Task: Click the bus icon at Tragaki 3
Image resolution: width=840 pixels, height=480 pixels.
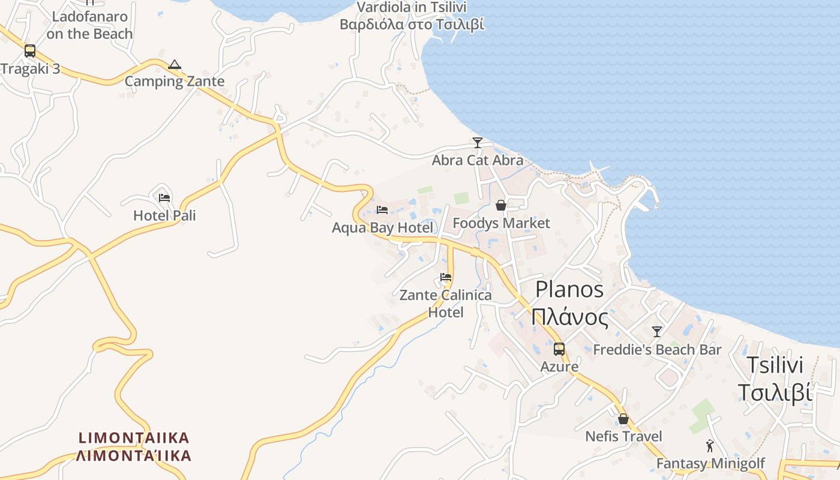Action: pos(30,51)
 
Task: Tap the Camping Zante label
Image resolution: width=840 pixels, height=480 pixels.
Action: pos(175,82)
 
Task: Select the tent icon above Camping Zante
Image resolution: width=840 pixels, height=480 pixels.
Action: pos(175,64)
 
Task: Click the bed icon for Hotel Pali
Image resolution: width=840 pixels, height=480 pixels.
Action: pos(164,198)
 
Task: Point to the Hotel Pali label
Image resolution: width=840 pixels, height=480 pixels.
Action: pos(164,215)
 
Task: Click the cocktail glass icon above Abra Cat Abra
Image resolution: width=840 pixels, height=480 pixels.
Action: pos(478,143)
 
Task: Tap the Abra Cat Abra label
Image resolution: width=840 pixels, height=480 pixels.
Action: pos(478,160)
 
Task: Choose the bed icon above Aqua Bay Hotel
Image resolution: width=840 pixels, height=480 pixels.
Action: pos(382,210)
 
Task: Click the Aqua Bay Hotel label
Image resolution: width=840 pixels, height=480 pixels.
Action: pos(382,227)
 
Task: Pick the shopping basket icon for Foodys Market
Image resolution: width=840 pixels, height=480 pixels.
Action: pos(501,206)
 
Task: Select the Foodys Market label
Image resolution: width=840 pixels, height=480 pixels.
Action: pos(501,223)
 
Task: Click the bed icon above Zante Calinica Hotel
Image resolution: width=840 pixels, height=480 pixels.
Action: pos(446,277)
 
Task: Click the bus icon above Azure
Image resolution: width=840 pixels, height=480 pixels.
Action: pos(559,349)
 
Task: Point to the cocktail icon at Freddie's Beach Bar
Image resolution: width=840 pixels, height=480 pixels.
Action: pos(657,332)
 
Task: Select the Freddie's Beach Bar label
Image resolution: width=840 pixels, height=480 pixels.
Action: pos(657,349)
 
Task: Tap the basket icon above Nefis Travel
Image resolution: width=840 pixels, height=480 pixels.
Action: pos(623,419)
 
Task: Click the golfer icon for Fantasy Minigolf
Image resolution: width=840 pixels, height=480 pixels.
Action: pos(710,446)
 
